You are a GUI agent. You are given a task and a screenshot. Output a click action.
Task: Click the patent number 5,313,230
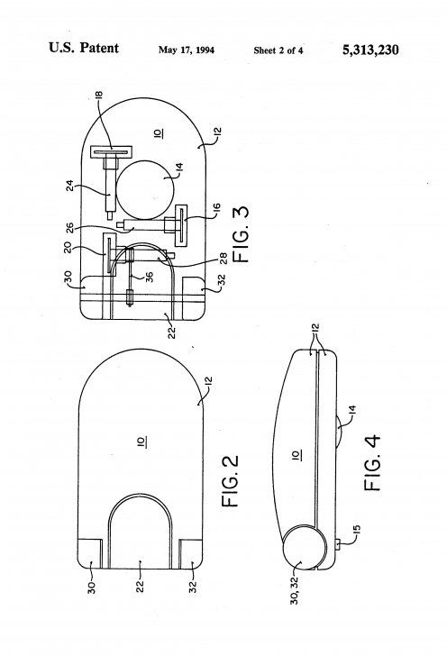(370, 50)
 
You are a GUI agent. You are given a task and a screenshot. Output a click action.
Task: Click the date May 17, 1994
(187, 50)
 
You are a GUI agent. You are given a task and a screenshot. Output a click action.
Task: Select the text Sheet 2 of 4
(278, 50)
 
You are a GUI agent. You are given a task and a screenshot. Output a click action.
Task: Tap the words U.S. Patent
(84, 48)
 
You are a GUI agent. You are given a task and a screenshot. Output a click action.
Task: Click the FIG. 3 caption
(241, 233)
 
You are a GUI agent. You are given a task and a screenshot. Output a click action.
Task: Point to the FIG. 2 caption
(230, 481)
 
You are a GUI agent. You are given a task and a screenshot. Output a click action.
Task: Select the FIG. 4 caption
(372, 463)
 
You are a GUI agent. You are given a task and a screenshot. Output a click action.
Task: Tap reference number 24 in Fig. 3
(70, 186)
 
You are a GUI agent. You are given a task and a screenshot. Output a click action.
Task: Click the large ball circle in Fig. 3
(145, 189)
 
